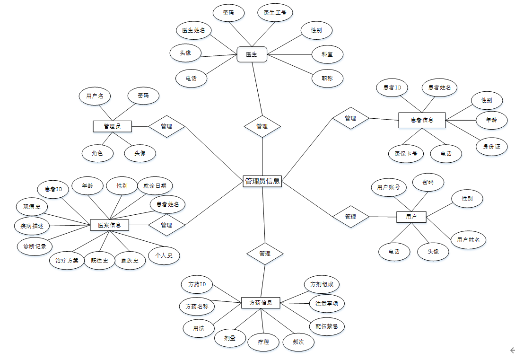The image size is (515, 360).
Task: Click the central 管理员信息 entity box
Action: [262, 181]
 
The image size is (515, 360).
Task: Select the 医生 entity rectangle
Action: [252, 54]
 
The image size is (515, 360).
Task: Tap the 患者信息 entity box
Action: [422, 120]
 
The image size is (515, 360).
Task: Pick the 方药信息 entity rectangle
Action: [261, 302]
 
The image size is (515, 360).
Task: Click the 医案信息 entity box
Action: [109, 225]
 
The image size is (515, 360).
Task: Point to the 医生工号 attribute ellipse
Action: [275, 13]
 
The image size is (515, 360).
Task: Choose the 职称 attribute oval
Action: [327, 79]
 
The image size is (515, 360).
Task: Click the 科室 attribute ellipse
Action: [327, 54]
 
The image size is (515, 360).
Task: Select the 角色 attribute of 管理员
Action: [97, 153]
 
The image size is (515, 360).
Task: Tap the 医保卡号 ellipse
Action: [406, 153]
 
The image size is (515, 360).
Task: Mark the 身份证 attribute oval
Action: [491, 147]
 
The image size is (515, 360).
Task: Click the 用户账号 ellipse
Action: [388, 187]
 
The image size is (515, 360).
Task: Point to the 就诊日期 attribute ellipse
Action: [155, 186]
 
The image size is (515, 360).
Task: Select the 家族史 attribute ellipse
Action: [130, 261]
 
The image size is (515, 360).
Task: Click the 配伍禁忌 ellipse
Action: [327, 326]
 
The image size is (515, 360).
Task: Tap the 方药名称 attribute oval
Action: [197, 307]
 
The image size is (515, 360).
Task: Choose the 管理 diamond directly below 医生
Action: [262, 126]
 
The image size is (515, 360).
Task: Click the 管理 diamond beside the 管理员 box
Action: [166, 126]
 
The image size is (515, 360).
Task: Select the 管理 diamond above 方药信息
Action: [265, 254]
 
